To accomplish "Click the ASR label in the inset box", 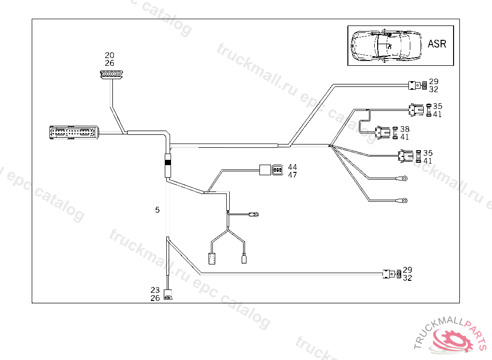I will point(437,44).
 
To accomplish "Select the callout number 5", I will point(157,210).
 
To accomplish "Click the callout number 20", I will point(110,56).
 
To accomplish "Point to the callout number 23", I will point(155,290).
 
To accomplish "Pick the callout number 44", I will point(292,167).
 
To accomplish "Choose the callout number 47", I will point(292,175).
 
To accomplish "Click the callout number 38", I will point(405,129).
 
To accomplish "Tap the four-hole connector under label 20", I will point(111,74).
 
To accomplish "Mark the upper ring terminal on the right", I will point(405,179).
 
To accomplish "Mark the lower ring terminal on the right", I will point(404,200).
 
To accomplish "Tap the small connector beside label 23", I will point(168,295).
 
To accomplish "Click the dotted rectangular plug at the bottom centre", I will point(211,258).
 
